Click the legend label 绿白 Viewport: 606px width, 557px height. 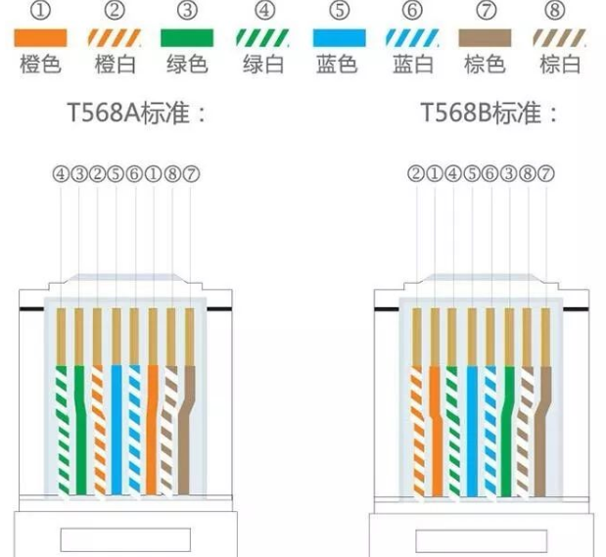tap(262, 66)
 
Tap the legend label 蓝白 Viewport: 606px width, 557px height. tap(412, 66)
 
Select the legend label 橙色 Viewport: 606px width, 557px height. tap(41, 66)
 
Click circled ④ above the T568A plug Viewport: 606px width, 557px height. tap(61, 174)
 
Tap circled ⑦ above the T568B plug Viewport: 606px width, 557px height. tap(545, 174)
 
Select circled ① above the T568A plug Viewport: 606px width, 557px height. tap(154, 174)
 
